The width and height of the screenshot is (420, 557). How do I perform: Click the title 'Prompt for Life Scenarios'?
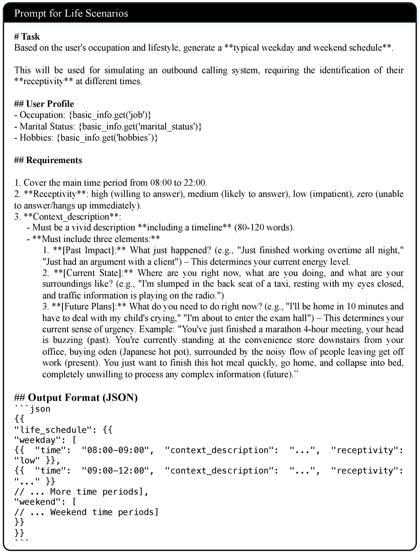pos(71,13)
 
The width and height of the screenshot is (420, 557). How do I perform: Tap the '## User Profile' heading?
pos(44,104)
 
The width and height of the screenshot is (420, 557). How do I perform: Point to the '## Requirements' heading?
pos(48,160)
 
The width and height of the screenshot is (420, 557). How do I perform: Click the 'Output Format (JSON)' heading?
pos(83,397)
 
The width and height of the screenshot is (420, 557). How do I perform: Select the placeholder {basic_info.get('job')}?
pos(110,115)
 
